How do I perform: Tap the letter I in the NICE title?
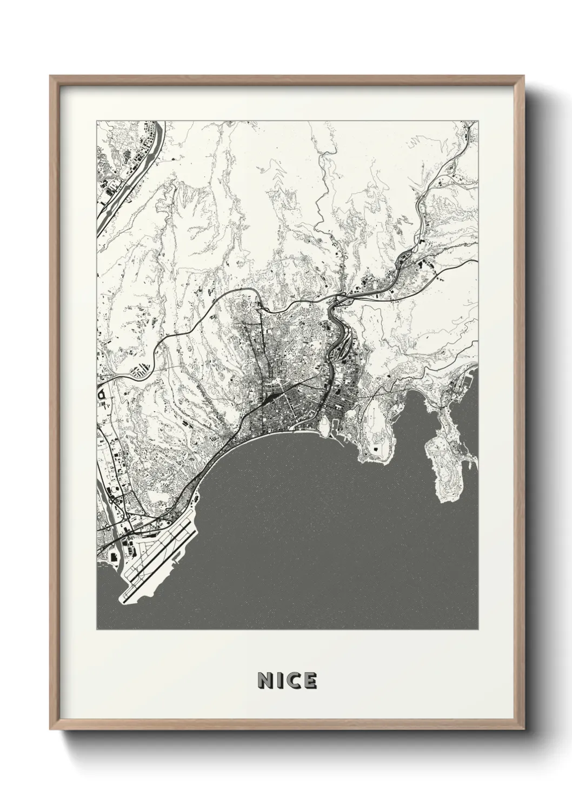pos(278,681)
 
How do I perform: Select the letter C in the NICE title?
pos(292,681)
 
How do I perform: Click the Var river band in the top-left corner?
pos(124,178)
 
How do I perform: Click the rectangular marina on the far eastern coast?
pos(465,382)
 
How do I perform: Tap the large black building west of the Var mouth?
pos(114,556)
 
